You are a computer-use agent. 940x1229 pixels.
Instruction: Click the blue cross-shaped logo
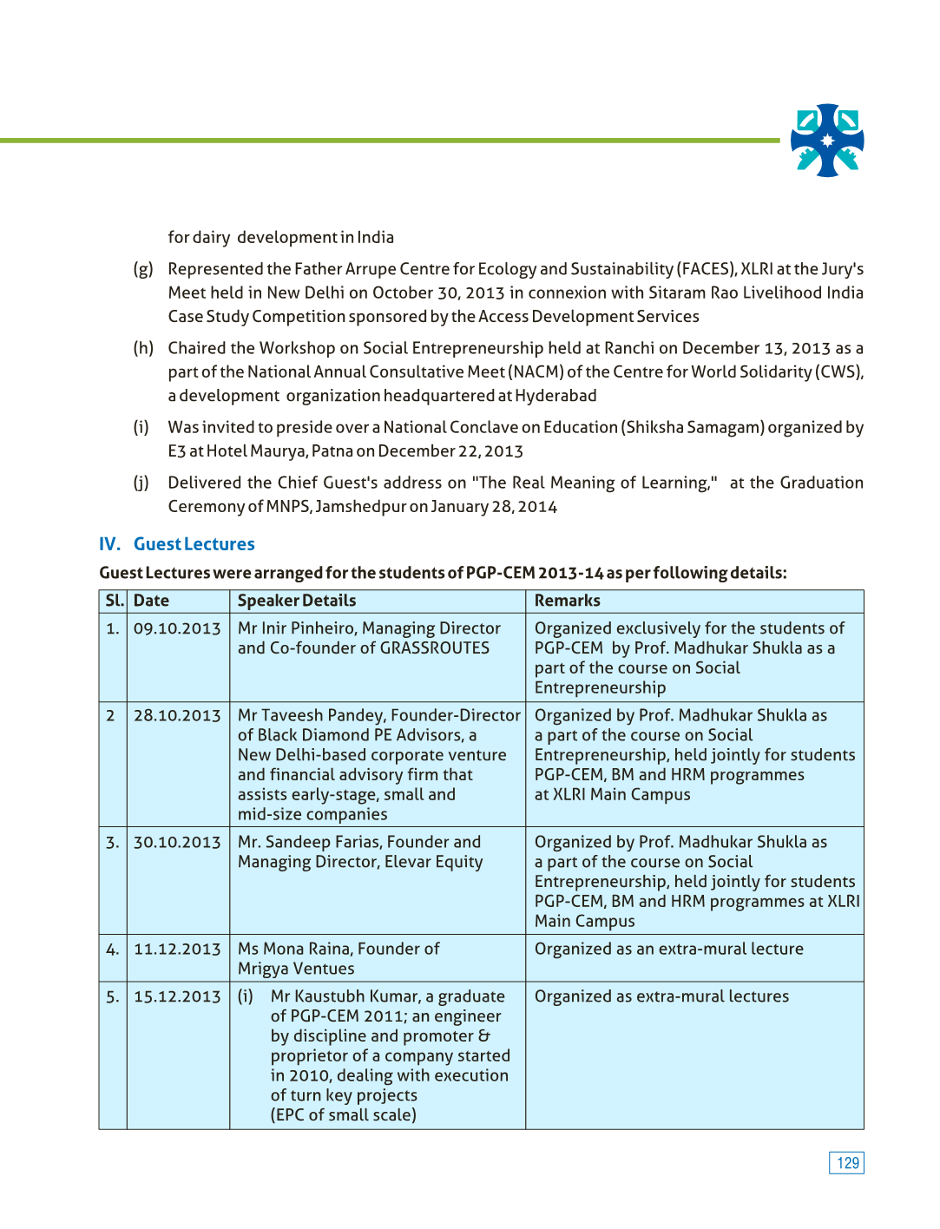[827, 141]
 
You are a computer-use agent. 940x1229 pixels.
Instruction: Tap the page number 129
[846, 1163]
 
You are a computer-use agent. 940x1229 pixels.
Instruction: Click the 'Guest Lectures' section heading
[194, 544]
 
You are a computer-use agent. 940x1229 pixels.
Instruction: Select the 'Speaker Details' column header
[297, 601]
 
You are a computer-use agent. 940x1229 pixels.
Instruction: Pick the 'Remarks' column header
[567, 601]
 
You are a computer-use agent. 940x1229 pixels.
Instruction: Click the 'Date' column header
[151, 601]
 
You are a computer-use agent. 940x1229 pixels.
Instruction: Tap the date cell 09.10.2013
[177, 628]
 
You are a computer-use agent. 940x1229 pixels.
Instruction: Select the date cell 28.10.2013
[177, 715]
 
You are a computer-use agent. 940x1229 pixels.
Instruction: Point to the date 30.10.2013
[177, 842]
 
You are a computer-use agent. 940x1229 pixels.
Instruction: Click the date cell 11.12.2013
[177, 950]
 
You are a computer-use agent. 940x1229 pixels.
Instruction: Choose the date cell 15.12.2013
[177, 996]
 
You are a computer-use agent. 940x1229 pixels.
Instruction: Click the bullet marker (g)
[143, 269]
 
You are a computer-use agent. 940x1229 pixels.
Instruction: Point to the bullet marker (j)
[141, 483]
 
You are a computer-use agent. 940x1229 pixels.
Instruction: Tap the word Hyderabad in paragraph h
[555, 396]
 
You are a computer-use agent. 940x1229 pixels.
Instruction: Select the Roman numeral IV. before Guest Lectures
[109, 544]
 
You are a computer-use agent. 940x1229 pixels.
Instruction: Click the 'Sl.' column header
[114, 601]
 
